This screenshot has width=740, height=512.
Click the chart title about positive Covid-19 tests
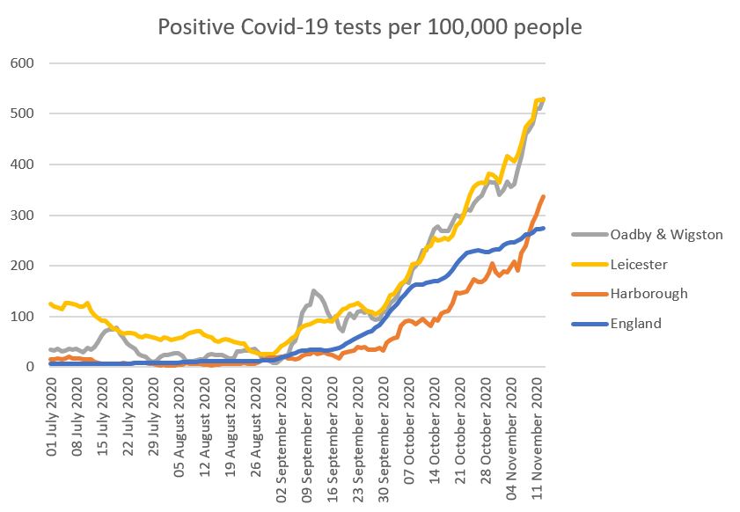370,27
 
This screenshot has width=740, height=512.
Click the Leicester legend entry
630,264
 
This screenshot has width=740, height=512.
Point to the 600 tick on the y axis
22,63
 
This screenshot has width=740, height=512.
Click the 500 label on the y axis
22,113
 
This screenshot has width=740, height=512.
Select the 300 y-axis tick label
22,216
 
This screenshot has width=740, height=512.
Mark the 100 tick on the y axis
22,317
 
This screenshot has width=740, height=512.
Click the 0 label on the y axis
29,367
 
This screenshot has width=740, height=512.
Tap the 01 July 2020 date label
54,418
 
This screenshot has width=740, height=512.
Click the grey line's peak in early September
312,290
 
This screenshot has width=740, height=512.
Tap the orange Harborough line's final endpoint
544,196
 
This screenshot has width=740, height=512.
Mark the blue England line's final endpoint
544,228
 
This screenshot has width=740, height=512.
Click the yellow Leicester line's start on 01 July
50,304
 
